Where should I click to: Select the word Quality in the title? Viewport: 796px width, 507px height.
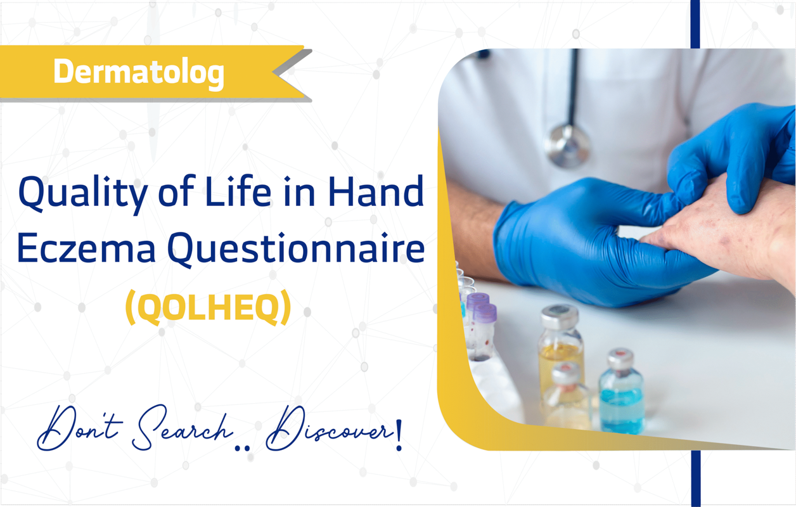click(82, 194)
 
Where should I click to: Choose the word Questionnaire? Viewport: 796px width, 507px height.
click(296, 248)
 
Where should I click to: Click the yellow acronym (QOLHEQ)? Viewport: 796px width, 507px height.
click(209, 307)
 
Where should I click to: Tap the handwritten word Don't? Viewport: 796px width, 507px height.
click(80, 428)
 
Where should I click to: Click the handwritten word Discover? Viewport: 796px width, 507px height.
click(329, 428)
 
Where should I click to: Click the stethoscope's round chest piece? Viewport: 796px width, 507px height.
click(567, 146)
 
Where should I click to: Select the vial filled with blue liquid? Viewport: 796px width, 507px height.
click(621, 391)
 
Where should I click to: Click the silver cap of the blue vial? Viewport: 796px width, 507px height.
click(620, 358)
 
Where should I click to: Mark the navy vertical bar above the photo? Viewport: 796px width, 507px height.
click(695, 24)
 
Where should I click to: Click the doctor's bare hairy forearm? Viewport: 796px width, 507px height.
click(473, 231)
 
